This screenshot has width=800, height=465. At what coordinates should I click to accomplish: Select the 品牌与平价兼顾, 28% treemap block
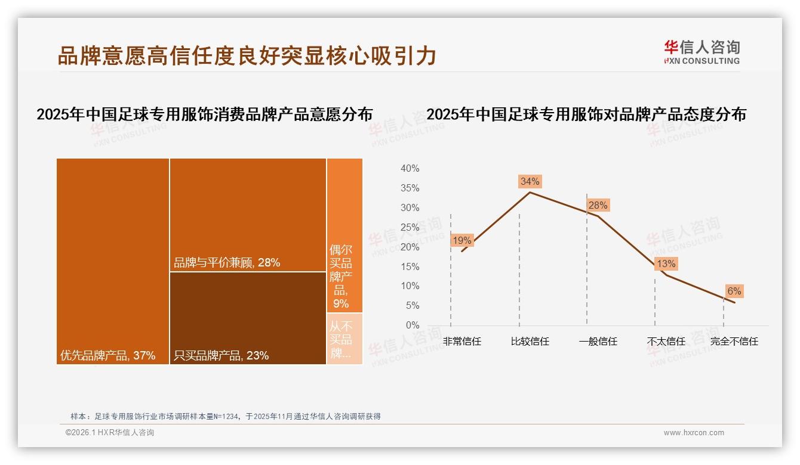tap(248, 215)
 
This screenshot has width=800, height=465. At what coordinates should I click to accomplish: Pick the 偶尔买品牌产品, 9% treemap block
tap(344, 235)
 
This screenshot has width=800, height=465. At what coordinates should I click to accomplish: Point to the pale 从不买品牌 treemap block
tap(344, 338)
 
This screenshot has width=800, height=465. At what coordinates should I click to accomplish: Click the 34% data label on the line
tap(530, 181)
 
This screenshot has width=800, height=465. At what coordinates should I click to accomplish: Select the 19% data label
tap(461, 241)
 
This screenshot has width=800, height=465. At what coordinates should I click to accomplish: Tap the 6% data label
tap(734, 291)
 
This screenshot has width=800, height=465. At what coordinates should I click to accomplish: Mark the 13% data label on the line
tap(666, 263)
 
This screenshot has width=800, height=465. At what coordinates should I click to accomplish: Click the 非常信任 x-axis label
tap(461, 342)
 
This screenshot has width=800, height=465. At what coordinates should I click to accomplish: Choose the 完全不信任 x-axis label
tap(734, 342)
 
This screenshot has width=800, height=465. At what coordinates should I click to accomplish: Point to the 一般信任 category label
tap(598, 342)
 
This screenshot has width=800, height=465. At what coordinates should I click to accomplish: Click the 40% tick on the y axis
tap(410, 169)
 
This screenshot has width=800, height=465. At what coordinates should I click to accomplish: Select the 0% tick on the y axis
tap(413, 325)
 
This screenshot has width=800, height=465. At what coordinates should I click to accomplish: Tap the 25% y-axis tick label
tap(410, 227)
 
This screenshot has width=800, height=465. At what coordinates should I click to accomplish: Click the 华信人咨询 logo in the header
tap(701, 52)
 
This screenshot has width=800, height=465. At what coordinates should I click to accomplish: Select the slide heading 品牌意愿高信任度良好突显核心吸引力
tap(247, 56)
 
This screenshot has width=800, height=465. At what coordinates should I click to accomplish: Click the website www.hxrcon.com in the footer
tap(694, 433)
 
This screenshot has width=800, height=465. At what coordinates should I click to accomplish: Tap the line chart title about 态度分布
tap(586, 114)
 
